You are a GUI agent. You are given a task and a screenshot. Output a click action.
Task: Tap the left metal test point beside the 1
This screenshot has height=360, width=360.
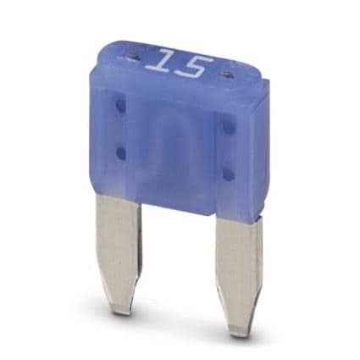click(x=130, y=50)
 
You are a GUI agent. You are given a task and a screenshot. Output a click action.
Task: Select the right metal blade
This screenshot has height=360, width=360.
click(x=239, y=260)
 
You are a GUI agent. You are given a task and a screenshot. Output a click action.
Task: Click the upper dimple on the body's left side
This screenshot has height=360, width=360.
click(x=119, y=106)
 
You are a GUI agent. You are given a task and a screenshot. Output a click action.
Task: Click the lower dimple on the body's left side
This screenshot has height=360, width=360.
click(x=121, y=152)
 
